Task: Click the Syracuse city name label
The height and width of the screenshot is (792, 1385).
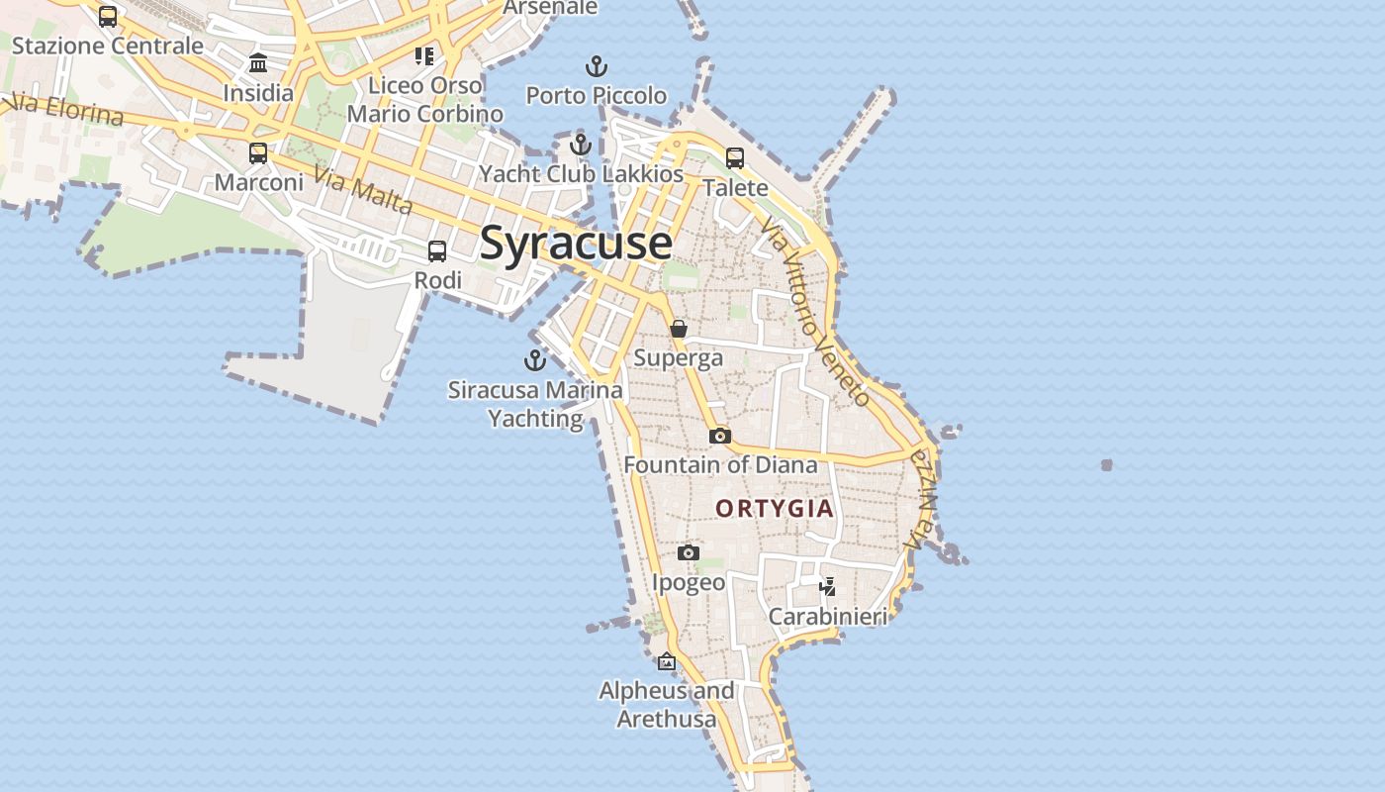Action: pos(576,244)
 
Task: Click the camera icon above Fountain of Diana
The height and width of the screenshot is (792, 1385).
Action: pos(720,436)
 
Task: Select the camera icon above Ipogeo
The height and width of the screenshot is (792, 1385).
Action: pos(689,552)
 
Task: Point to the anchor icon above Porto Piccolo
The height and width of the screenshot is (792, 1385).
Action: pos(596,67)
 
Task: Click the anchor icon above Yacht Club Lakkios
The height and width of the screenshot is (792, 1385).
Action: pos(581,146)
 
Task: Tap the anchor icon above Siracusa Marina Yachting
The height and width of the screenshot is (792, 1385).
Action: pos(535,360)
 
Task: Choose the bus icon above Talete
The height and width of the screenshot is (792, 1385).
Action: pos(735,158)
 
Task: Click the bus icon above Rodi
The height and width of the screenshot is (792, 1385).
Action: pos(437,251)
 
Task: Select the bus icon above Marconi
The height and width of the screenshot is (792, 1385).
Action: pos(258,153)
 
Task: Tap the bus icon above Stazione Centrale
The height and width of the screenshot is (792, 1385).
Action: pos(108,17)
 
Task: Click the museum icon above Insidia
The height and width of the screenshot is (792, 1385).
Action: pos(258,64)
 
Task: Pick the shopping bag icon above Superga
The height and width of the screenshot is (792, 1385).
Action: pos(679,329)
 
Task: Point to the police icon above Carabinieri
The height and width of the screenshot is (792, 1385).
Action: pos(828,587)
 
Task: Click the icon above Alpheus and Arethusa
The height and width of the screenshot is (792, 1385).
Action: pos(667,661)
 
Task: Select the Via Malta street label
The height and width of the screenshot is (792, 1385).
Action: pos(362,191)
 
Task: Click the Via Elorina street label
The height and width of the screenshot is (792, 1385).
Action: pos(65,109)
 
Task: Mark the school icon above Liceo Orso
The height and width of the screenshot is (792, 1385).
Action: pos(424,56)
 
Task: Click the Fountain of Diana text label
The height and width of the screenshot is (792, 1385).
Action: pos(720,464)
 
